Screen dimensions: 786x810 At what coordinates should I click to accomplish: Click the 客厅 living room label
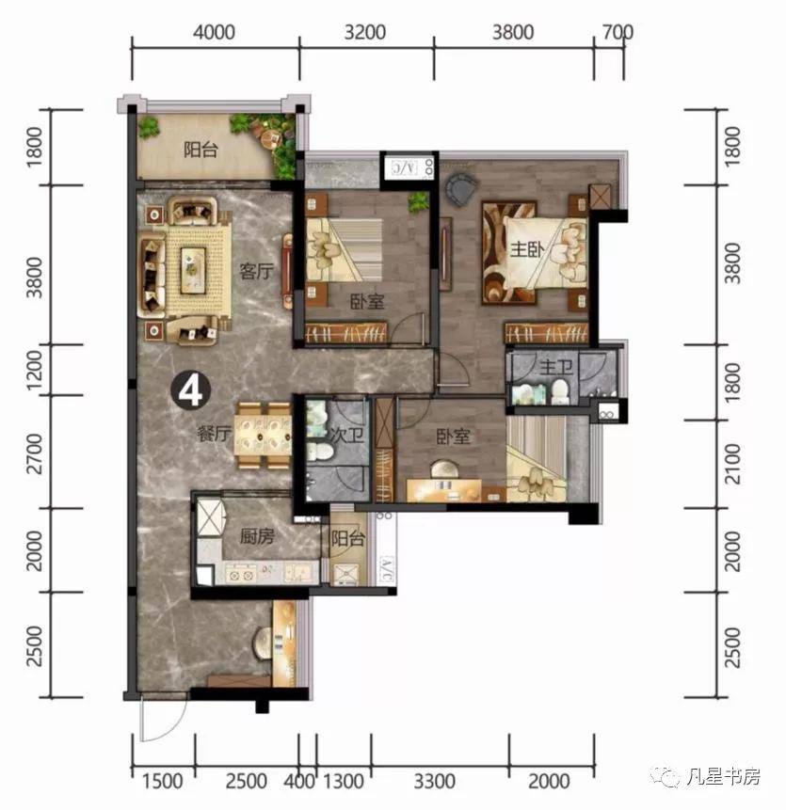[x=256, y=271]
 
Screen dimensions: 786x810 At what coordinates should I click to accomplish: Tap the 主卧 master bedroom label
[x=527, y=249]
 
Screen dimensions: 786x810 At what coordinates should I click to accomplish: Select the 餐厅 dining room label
[x=214, y=434]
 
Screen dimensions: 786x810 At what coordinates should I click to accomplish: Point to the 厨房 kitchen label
[x=257, y=537]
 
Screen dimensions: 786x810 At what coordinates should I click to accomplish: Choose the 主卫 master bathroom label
[x=556, y=368]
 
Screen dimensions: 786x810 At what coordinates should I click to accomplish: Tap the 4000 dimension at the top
[x=214, y=32]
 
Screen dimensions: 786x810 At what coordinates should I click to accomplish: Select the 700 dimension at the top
[x=618, y=32]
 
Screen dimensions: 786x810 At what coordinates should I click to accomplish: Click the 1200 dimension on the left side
[x=35, y=371]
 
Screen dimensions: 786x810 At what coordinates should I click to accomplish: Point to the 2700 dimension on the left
[x=35, y=453]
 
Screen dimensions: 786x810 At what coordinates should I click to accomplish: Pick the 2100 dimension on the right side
[x=732, y=464]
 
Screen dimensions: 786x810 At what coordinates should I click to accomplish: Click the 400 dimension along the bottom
[x=298, y=781]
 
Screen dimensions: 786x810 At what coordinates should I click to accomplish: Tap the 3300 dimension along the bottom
[x=435, y=781]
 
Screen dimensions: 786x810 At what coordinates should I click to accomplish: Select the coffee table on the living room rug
[x=193, y=267]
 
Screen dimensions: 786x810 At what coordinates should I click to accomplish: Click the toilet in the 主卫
[x=559, y=392]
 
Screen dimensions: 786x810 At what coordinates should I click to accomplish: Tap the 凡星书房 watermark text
[x=723, y=775]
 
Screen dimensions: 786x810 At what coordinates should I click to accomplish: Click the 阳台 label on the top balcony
[x=201, y=150]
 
